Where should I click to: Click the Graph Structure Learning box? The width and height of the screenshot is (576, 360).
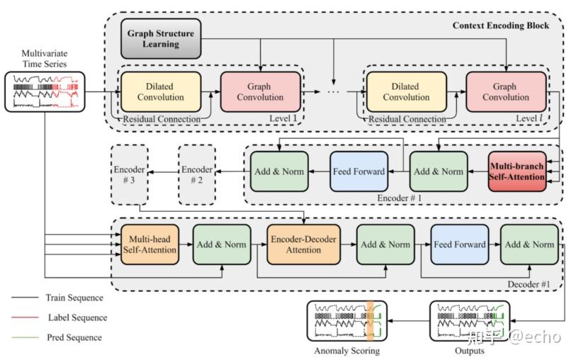[162, 39]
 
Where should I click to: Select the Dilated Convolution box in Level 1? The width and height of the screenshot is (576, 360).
[160, 92]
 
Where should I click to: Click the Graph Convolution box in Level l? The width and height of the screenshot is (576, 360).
[505, 92]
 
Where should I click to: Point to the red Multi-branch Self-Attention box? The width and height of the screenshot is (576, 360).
[517, 171]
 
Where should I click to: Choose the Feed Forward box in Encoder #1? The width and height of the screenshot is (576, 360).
[358, 171]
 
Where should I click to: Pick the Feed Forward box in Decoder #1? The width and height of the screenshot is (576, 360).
[460, 244]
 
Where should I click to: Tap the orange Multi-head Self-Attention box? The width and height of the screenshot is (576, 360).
[151, 244]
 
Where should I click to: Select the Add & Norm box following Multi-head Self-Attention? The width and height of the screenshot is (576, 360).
[220, 244]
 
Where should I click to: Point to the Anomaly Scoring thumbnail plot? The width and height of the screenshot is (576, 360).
[346, 321]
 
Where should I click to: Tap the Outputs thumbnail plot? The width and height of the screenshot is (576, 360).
[470, 321]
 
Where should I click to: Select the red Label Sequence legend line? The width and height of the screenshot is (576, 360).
[24, 317]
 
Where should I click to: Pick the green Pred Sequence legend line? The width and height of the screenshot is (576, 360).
[24, 337]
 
